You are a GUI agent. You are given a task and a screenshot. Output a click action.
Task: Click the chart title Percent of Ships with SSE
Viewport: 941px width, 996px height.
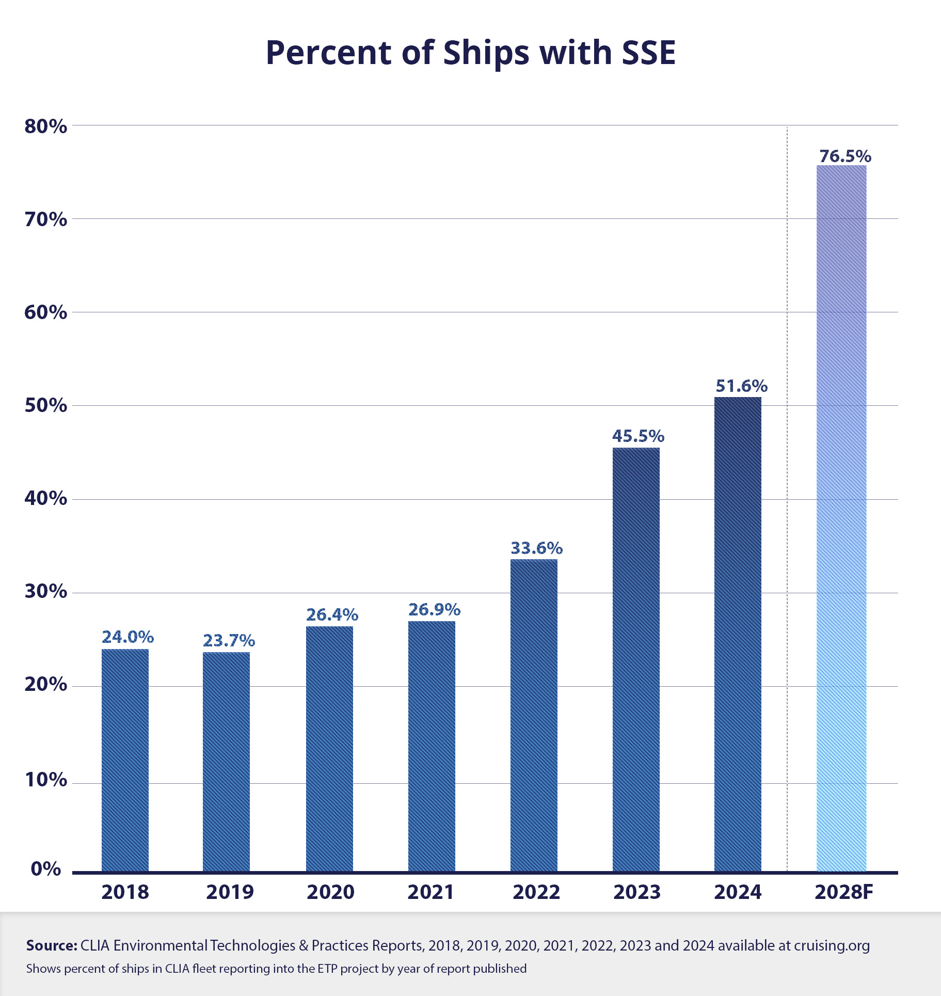(x=470, y=53)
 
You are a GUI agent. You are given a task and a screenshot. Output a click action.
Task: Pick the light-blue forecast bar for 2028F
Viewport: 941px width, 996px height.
(x=841, y=518)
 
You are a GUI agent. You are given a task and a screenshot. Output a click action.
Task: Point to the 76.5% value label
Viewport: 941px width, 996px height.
(x=845, y=156)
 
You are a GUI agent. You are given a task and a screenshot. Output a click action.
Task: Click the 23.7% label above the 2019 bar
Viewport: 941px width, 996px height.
(x=229, y=641)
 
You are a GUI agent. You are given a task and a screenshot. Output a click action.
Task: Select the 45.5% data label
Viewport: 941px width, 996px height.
(x=638, y=436)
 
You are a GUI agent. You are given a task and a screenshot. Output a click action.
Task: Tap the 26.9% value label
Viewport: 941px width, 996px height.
(x=434, y=610)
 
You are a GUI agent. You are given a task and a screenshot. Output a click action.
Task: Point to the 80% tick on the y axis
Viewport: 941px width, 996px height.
(x=45, y=127)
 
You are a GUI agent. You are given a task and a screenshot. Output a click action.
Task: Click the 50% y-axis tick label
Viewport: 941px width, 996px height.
(x=45, y=406)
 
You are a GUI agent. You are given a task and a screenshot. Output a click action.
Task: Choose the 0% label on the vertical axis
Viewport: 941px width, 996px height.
(x=45, y=869)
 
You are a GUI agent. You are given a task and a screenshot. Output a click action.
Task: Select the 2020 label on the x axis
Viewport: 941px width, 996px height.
(x=330, y=892)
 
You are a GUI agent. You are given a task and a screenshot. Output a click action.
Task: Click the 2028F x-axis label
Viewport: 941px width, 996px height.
(x=843, y=892)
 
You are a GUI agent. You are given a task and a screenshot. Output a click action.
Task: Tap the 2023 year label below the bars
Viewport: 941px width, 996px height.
(x=636, y=892)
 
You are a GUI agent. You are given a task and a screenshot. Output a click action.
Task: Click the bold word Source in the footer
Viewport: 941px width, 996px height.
(x=52, y=945)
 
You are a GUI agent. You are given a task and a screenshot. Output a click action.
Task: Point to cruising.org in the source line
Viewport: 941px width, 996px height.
(x=832, y=945)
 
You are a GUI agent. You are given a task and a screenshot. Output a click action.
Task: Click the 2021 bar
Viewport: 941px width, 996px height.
(x=432, y=747)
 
